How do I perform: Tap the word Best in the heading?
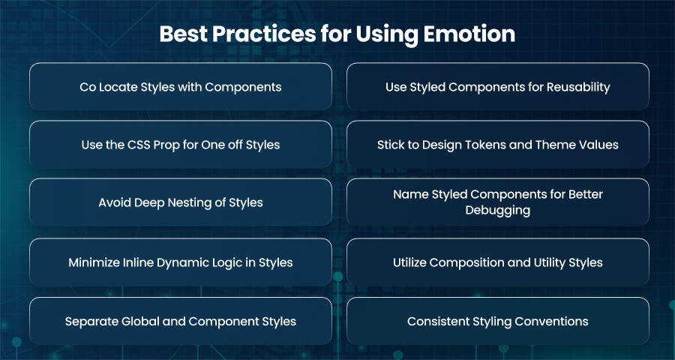coord(182,34)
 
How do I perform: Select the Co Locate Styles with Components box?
coord(181,86)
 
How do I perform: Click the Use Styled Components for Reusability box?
coord(498,86)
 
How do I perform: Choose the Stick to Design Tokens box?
coord(498,144)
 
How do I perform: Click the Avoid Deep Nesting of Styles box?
coord(181,202)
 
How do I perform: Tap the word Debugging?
coord(498,211)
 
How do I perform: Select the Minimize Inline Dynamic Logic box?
coord(181,262)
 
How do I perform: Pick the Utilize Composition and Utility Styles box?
coord(498,262)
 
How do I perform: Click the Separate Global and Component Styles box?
coord(181,321)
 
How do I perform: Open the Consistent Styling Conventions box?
coord(498,321)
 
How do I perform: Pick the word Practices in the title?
coord(263,34)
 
